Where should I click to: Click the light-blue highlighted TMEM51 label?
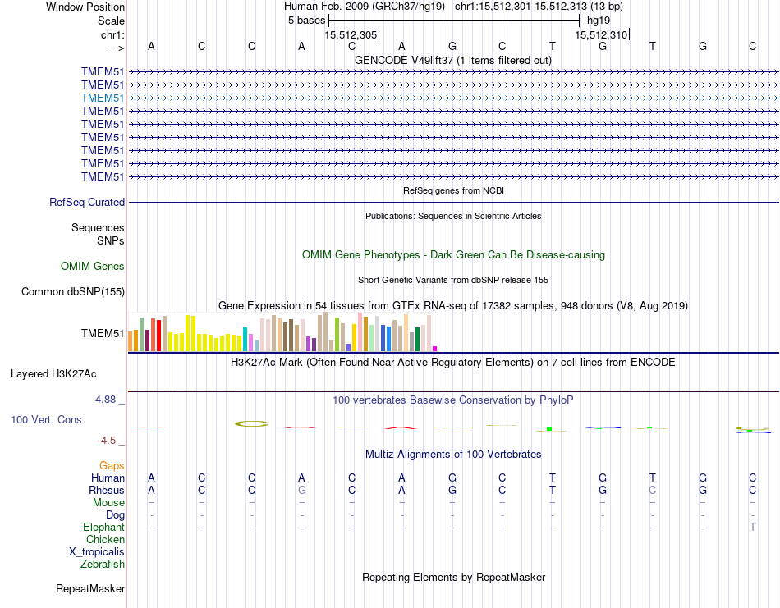coord(103,98)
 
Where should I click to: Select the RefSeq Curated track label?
coord(87,202)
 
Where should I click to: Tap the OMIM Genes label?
coord(93,266)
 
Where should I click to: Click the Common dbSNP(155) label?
coord(73,291)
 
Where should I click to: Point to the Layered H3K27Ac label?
coord(53,373)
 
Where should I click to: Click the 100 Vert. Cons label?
coord(46,419)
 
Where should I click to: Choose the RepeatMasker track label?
coord(90,588)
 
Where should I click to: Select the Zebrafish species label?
coord(103,564)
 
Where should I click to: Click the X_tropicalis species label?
coord(97,551)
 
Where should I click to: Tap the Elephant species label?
coord(103,527)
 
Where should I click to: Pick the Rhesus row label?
coord(107,490)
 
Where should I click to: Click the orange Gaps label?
coord(112,465)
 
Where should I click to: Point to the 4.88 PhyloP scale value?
coord(107,400)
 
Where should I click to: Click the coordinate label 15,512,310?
coord(601,34)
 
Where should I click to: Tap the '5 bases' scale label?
coord(306,20)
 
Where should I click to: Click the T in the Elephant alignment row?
coord(753,527)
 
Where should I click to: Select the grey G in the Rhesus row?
coord(302,490)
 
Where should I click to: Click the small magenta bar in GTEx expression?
coord(435,348)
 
